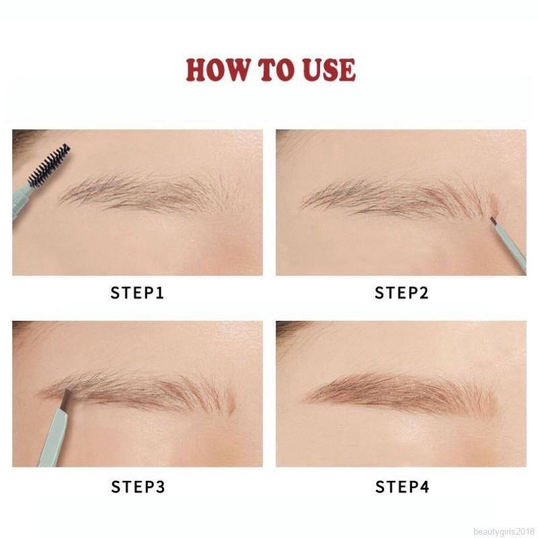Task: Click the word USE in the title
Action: pos(328,70)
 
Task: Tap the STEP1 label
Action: pos(137,293)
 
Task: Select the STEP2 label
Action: pos(401,293)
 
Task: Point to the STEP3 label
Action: pos(137,486)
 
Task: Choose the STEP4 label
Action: pos(401,486)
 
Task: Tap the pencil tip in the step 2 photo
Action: pos(493,220)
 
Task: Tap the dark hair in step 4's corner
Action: pos(288,326)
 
